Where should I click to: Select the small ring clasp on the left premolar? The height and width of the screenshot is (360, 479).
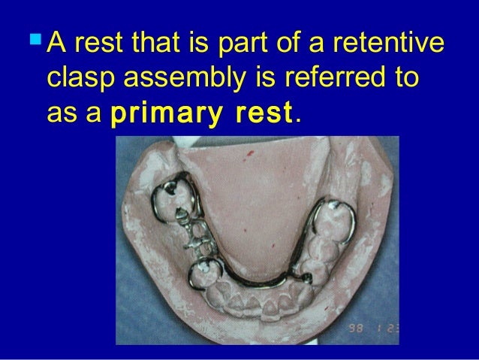pyautogui.click(x=202, y=273)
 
